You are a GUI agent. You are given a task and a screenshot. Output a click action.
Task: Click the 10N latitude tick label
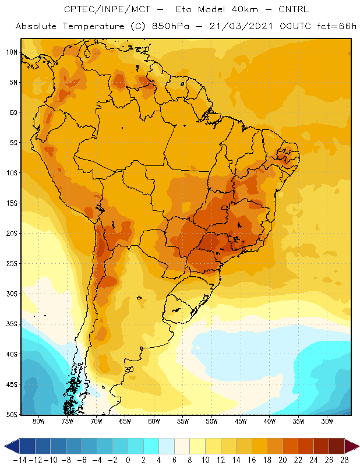[12, 52]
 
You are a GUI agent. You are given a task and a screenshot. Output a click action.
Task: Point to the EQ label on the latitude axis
[13, 112]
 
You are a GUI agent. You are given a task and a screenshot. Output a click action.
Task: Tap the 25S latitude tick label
[12, 264]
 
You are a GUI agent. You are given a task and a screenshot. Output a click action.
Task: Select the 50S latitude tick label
[12, 415]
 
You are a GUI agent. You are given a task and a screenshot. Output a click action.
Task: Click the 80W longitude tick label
[38, 421]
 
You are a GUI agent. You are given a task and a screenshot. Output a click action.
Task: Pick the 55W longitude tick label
[183, 421]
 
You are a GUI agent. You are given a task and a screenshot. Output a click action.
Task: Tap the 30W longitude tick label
[327, 421]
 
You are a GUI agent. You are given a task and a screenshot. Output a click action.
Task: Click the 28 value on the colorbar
[344, 460]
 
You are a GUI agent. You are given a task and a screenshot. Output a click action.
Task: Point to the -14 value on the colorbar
[20, 460]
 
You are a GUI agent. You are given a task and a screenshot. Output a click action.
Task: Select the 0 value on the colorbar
[128, 460]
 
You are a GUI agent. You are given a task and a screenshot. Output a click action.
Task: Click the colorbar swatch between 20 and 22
[291, 446]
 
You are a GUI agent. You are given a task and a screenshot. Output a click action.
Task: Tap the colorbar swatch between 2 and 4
[151, 446]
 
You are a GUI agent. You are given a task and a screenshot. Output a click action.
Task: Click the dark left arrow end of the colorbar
[12, 446]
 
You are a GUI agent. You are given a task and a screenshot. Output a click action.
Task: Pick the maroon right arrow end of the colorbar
[352, 446]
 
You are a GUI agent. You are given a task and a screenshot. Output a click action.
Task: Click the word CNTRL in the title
[294, 9]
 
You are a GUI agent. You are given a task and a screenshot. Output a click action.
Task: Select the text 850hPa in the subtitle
[170, 26]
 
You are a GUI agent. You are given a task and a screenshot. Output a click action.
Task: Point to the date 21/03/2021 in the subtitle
[241, 26]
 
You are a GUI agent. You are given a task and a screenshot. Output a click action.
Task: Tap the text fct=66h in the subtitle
[337, 26]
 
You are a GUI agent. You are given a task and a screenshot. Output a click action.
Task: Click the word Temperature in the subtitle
[93, 27]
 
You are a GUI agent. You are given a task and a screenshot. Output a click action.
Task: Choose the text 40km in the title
[244, 9]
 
